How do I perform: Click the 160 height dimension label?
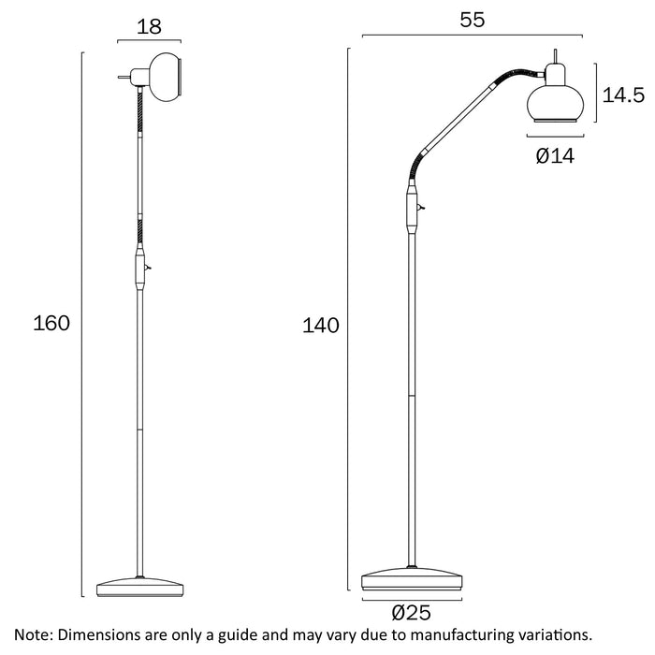click(51, 324)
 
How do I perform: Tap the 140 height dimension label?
click(320, 326)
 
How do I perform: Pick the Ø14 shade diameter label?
click(555, 156)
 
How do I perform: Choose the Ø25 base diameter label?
click(411, 614)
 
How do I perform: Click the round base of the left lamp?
click(141, 586)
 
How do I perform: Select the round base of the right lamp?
click(411, 577)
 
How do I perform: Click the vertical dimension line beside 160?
click(83, 324)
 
